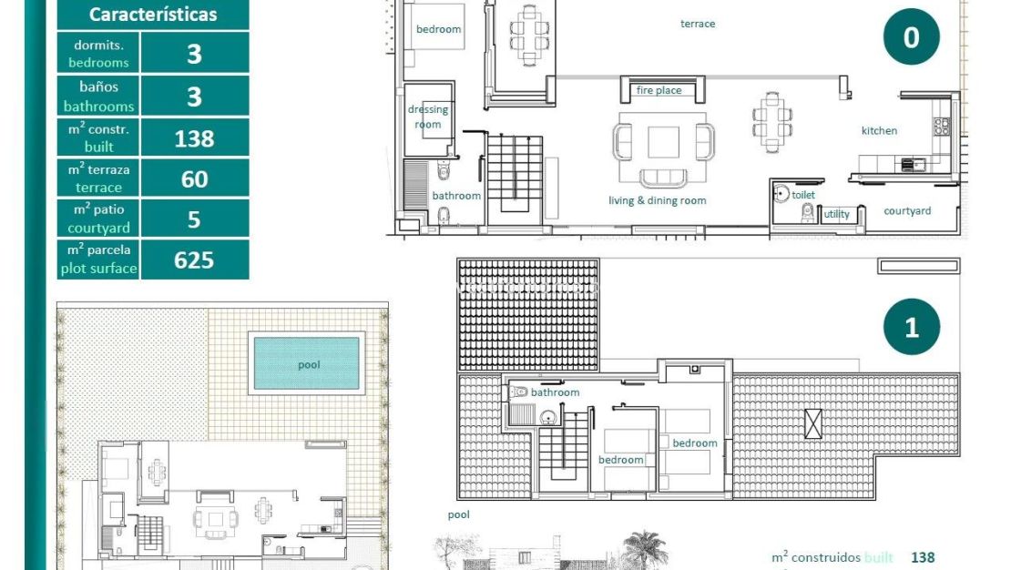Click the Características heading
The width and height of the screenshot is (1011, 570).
click(153, 15)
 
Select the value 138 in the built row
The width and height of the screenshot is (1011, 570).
click(194, 137)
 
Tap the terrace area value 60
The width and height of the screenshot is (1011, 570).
click(194, 178)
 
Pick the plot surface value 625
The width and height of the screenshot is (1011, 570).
click(194, 260)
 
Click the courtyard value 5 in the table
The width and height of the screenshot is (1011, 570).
click(194, 219)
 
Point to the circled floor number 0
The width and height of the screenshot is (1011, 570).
click(911, 37)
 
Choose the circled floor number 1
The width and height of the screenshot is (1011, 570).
click(911, 327)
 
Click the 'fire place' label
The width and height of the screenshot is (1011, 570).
click(659, 90)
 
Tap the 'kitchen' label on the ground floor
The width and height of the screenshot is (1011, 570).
click(879, 131)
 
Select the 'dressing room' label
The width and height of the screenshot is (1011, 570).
click(428, 117)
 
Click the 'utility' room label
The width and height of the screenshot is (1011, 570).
click(836, 215)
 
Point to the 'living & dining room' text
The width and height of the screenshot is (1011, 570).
click(657, 200)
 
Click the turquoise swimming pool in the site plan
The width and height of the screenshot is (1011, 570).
click(307, 363)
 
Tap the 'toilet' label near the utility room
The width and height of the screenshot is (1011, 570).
click(803, 195)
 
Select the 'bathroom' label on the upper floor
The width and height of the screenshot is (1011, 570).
click(555, 392)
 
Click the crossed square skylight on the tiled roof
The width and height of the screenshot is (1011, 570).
click(812, 423)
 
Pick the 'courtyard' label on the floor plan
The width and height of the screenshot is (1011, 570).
click(907, 211)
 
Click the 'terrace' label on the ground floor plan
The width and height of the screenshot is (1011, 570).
click(698, 24)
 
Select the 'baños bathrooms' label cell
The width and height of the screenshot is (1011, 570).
click(98, 97)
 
